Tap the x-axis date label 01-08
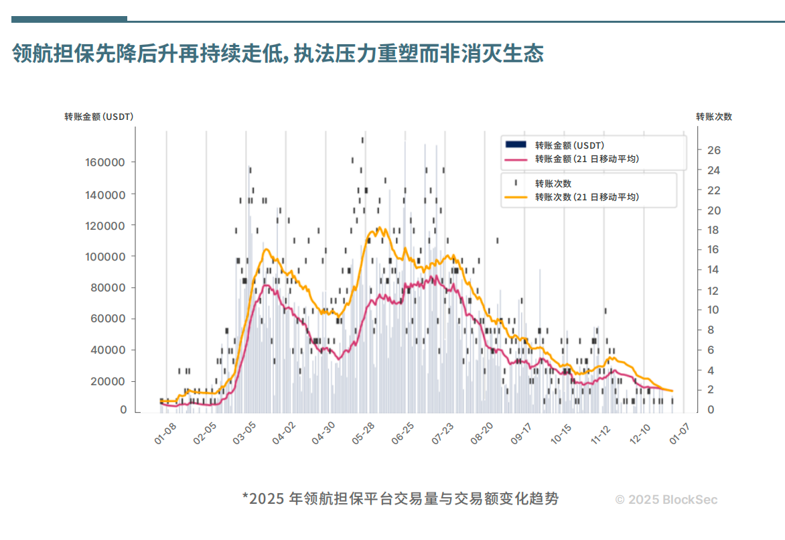[x=165, y=434]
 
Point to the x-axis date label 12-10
[x=640, y=434]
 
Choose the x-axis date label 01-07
[x=679, y=434]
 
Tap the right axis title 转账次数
[x=714, y=117]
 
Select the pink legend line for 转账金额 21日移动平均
[x=515, y=159]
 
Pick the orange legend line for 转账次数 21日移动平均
[x=515, y=198]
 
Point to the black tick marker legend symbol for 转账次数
[x=515, y=183]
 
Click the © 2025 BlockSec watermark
[x=666, y=500]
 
